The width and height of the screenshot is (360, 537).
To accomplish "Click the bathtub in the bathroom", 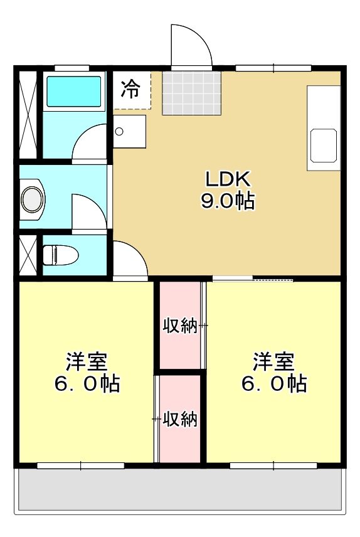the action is (x=73, y=92).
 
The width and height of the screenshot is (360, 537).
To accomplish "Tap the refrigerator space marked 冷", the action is (x=132, y=90).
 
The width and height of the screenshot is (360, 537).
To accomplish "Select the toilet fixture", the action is (x=60, y=255).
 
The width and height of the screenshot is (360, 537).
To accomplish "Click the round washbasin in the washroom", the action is (x=33, y=199).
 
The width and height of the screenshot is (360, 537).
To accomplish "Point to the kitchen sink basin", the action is (x=324, y=145).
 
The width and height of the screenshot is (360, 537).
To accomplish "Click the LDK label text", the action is (x=228, y=178).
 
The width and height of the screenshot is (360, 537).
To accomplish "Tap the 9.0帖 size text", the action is (x=228, y=201).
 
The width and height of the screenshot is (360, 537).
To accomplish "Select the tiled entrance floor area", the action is (x=191, y=93).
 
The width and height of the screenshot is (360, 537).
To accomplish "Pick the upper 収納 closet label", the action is (x=180, y=326).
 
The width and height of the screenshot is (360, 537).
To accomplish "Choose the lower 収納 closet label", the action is (x=180, y=418).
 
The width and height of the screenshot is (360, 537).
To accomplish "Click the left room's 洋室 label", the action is (x=87, y=361).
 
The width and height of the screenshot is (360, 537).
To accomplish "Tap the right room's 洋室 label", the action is (x=273, y=361).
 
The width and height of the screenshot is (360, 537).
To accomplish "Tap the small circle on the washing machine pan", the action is (x=119, y=131).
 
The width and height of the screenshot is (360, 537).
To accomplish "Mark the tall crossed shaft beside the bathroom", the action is (x=28, y=115).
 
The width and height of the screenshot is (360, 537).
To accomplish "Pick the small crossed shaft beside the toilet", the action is (x=28, y=255).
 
